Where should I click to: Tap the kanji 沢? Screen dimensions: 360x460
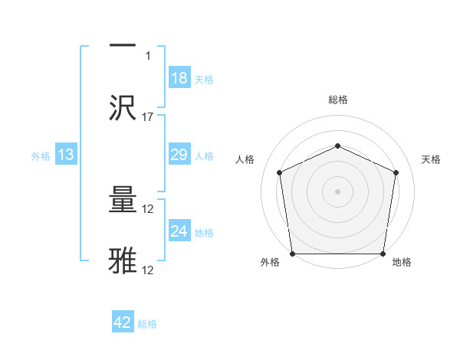point(123,107)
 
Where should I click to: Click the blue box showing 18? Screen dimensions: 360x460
point(179,77)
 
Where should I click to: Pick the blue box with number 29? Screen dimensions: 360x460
point(179,155)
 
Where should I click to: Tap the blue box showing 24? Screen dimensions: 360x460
point(179,231)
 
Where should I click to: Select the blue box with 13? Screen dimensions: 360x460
point(66,155)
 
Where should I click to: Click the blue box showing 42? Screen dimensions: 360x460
point(123,322)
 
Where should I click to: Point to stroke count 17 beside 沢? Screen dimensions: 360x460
point(148,117)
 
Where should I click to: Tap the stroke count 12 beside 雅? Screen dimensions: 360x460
point(148,270)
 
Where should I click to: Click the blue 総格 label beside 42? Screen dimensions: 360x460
point(147,324)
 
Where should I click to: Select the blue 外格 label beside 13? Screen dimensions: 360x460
point(41,156)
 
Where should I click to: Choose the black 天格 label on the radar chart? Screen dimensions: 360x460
point(432,159)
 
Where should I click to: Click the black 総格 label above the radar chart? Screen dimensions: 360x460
point(338,100)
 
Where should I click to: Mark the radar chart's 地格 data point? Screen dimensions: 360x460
point(383,254)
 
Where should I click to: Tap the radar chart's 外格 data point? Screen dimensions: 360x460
point(292,254)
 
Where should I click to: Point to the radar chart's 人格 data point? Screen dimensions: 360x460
point(280,172)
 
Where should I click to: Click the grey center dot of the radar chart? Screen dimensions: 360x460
point(337,191)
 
